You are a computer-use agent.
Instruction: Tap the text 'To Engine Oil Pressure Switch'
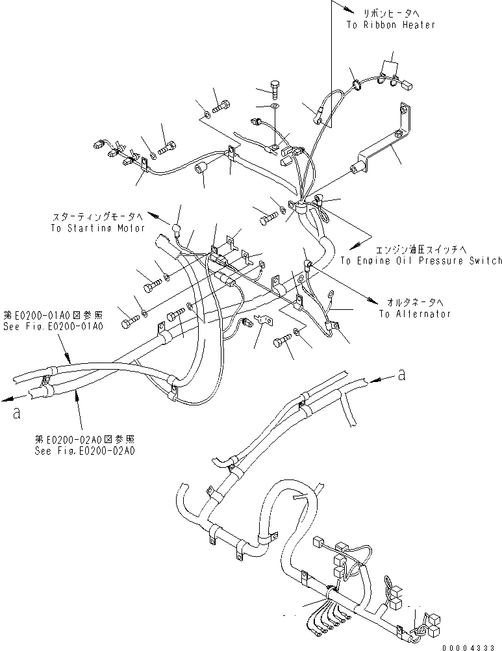point(421,261)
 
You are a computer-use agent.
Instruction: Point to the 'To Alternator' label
point(415,313)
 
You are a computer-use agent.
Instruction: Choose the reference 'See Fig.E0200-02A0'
point(85,449)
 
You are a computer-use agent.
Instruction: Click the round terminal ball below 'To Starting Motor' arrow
point(175,229)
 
